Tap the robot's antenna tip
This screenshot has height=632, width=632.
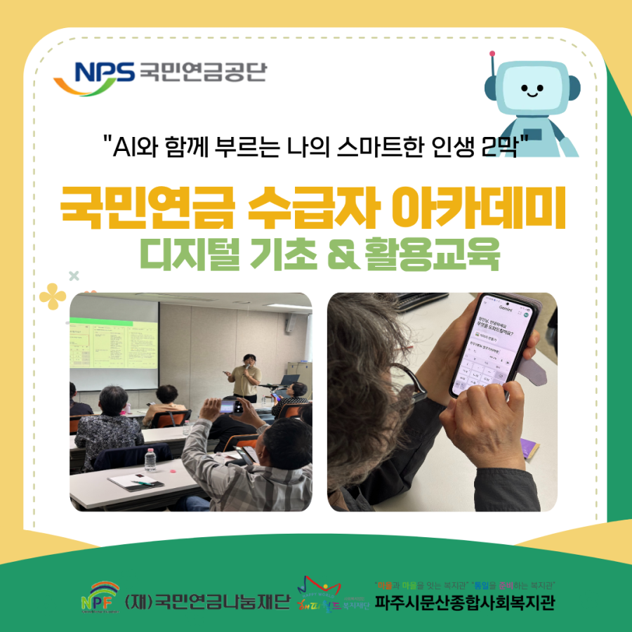(493, 53)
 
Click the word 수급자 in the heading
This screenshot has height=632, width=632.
(306, 209)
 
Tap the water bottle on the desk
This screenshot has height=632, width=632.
(150, 459)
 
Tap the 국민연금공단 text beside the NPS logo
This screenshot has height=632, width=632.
(203, 72)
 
